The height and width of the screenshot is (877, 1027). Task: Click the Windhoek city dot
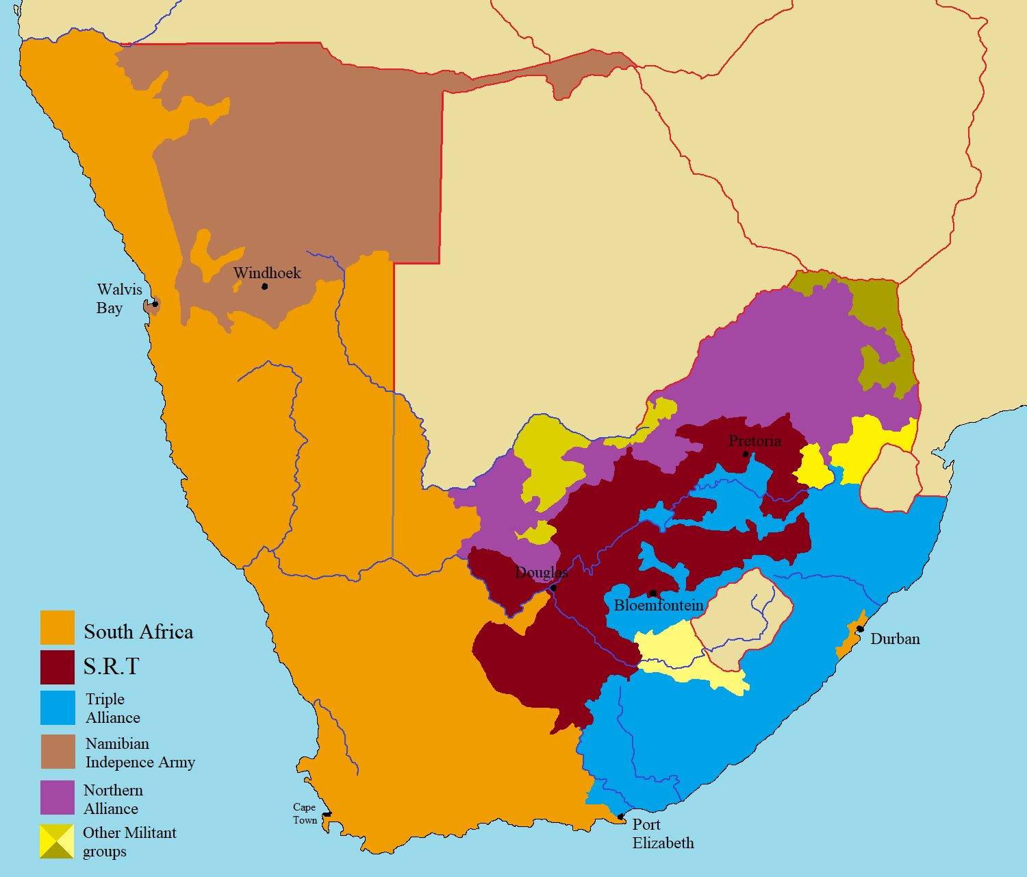(265, 286)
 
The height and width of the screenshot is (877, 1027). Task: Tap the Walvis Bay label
(118, 299)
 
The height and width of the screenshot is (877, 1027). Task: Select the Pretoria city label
(755, 441)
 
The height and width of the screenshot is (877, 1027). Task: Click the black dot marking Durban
(860, 629)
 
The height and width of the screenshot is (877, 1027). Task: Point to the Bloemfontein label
(659, 605)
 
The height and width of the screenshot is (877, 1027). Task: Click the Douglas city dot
(553, 588)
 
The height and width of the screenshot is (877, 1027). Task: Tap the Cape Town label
(305, 813)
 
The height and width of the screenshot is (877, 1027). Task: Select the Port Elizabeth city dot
(620, 817)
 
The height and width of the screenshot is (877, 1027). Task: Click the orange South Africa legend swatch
(58, 628)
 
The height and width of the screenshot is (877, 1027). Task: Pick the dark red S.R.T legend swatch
(58, 667)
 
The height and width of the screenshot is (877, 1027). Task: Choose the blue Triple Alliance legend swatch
(58, 708)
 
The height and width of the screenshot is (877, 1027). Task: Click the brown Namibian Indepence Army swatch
(58, 752)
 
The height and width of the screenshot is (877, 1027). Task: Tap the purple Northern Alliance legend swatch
(58, 798)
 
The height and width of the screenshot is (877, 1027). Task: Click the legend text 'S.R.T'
(111, 666)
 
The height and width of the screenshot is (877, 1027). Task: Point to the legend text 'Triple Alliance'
(112, 708)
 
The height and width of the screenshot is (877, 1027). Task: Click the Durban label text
(895, 639)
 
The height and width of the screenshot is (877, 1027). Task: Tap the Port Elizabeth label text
(662, 833)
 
